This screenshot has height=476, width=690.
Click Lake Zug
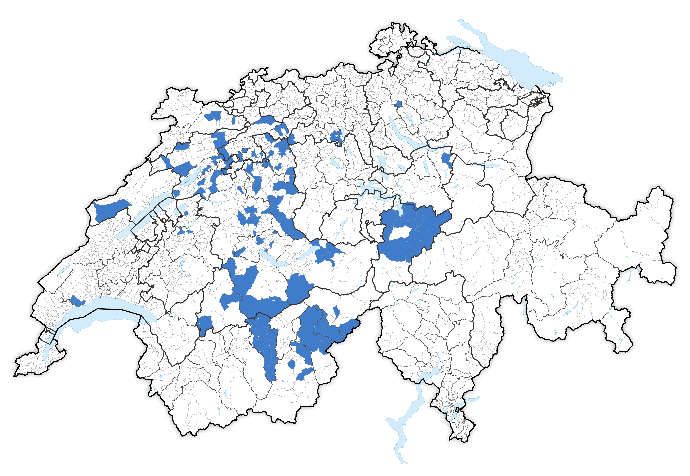(382, 163)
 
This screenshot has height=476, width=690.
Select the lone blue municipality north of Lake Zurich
(398, 104)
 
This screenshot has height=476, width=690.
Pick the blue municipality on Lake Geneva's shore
(77, 301)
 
